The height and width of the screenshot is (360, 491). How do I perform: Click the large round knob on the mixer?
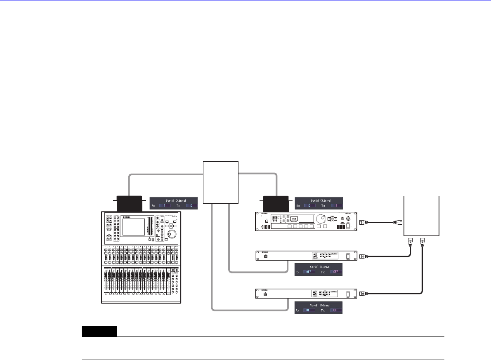(x=170, y=235)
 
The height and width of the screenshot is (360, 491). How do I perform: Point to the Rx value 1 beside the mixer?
(x=165, y=205)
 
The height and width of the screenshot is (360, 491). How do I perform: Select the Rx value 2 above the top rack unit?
(x=309, y=205)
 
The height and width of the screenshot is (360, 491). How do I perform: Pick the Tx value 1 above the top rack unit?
(x=336, y=205)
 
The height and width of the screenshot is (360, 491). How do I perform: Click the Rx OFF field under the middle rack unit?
(x=309, y=272)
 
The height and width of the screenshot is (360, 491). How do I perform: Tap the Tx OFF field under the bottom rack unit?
(x=336, y=311)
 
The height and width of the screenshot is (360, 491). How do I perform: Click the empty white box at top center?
(x=221, y=182)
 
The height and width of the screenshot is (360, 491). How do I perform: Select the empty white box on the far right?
(x=421, y=215)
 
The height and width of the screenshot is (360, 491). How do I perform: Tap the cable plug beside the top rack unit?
(x=362, y=223)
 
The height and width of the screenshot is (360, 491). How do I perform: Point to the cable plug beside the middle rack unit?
(x=362, y=256)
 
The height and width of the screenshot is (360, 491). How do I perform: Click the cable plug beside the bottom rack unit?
(x=362, y=293)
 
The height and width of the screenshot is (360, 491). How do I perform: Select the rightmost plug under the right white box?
(x=423, y=242)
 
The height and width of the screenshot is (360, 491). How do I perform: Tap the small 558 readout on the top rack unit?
(x=293, y=218)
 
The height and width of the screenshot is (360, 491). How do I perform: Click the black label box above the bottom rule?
(x=99, y=331)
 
